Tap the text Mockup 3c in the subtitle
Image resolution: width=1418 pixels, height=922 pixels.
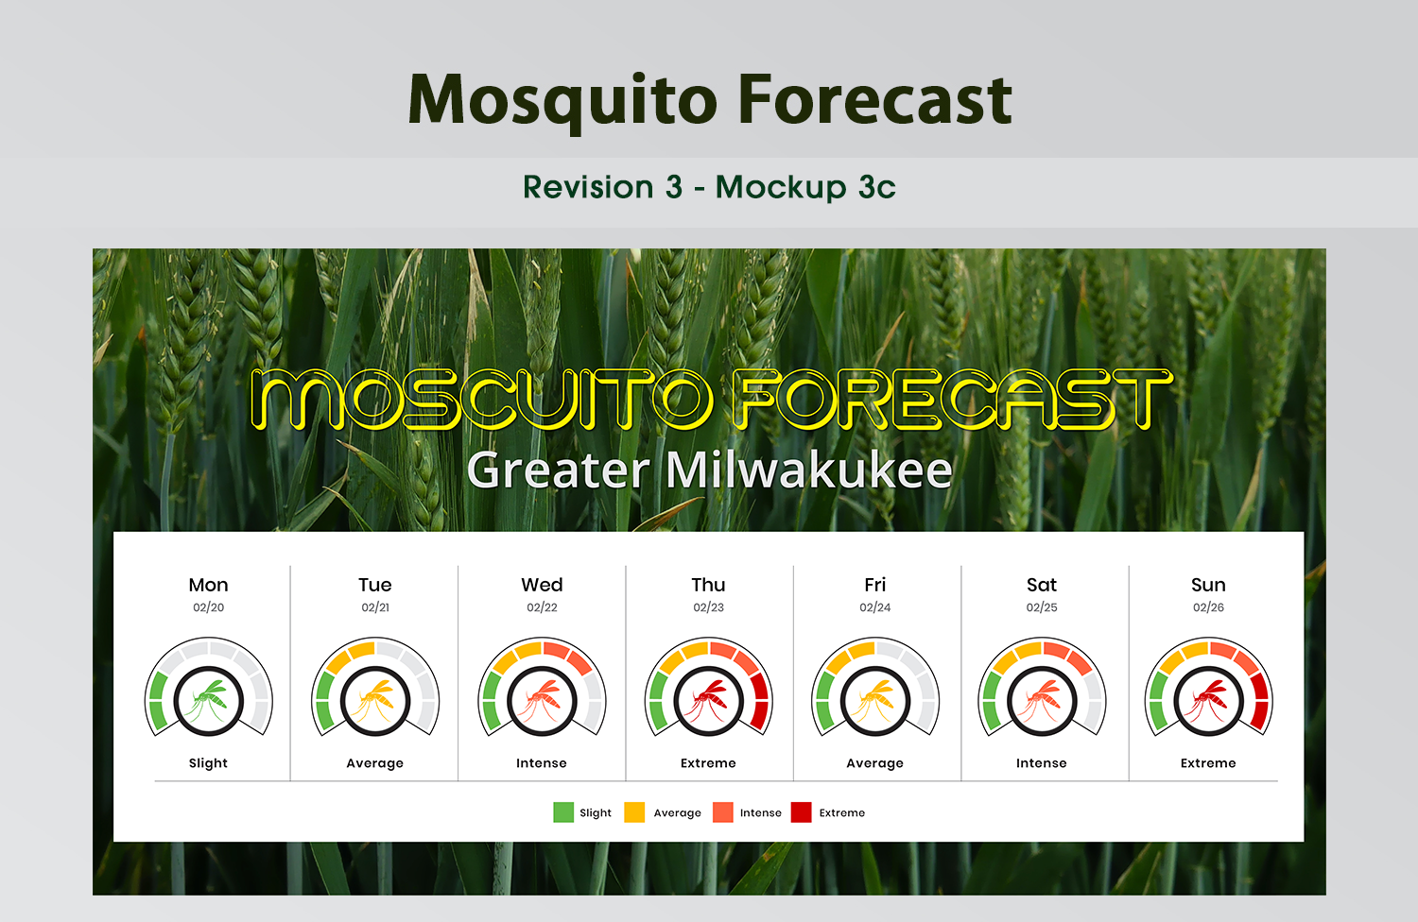[x=805, y=187]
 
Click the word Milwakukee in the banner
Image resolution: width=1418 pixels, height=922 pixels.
[x=808, y=470]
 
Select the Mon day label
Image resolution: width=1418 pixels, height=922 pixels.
[x=208, y=585]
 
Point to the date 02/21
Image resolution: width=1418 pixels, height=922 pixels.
[x=375, y=607]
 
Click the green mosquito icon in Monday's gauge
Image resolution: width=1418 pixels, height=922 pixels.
[x=208, y=701]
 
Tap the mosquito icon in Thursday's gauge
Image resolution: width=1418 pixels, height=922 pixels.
[x=708, y=701]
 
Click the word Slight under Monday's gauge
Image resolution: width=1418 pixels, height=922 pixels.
[x=208, y=763]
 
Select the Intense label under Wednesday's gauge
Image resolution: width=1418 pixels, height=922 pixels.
[x=542, y=763]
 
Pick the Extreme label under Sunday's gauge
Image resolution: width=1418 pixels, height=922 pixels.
[x=1208, y=763]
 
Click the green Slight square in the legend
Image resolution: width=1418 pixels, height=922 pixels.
[x=563, y=812]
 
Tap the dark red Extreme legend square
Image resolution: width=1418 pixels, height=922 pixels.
[x=801, y=812]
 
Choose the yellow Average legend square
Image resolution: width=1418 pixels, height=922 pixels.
[x=634, y=812]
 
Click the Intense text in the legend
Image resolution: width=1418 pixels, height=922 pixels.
[x=761, y=812]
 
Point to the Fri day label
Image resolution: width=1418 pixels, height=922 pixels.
[x=874, y=585]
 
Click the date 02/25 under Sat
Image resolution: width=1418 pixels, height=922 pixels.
[x=1042, y=607]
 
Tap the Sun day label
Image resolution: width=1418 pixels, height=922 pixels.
[x=1208, y=585]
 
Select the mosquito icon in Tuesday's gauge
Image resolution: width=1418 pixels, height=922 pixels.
[x=374, y=701]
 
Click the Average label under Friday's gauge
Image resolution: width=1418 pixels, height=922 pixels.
[x=874, y=763]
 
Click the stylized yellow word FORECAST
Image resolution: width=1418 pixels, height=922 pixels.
[x=952, y=400]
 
